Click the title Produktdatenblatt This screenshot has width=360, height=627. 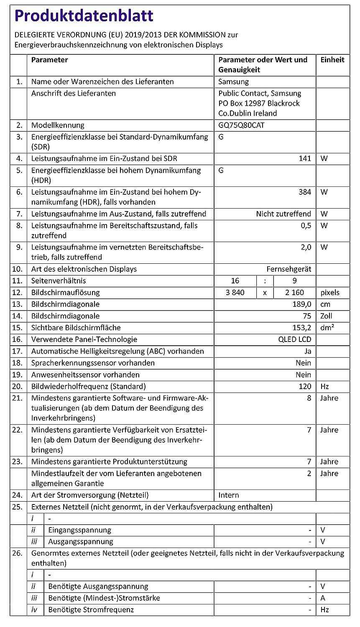[84, 16]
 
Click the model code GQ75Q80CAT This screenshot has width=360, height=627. [241, 125]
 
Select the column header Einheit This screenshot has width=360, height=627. [332, 60]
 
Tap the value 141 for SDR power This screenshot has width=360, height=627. [305, 158]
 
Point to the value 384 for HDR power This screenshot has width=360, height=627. [305, 192]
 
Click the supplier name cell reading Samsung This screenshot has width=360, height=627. [233, 82]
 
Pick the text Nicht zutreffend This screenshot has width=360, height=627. [283, 214]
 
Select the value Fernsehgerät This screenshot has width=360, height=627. [289, 269]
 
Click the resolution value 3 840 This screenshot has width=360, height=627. [235, 293]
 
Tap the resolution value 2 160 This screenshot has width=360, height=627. [294, 293]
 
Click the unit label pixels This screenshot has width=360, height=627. [330, 293]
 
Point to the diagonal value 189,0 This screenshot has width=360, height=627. [302, 304]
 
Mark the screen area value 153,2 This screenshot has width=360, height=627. [302, 328]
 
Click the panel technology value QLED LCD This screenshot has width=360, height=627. [295, 339]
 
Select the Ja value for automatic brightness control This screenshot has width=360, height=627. [308, 351]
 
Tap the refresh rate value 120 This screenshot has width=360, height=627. [305, 386]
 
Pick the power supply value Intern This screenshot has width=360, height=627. [229, 495]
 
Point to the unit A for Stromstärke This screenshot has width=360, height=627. [323, 598]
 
